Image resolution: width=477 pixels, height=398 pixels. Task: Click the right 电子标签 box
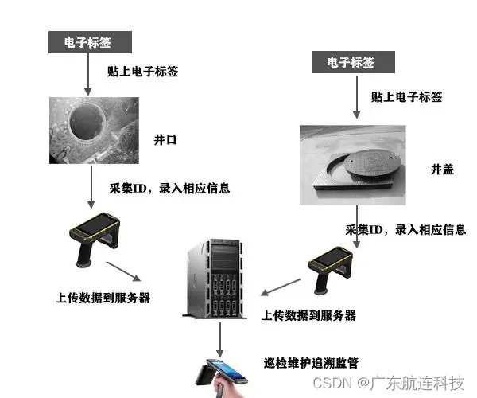[351, 62]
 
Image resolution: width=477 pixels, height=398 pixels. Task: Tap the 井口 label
[165, 139]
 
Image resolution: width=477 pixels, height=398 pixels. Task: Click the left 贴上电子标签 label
[142, 71]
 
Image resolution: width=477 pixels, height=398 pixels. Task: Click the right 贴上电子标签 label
[406, 97]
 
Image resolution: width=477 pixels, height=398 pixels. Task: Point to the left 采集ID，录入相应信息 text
[169, 189]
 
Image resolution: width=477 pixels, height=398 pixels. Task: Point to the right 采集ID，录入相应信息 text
[405, 230]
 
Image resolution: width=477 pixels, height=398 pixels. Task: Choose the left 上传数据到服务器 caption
[103, 298]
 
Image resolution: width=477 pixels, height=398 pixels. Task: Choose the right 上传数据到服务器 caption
[308, 315]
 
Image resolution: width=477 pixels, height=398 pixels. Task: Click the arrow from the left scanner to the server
[126, 271]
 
